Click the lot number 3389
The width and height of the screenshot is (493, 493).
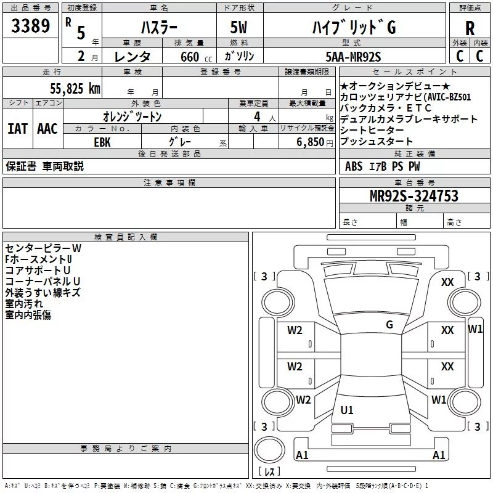coord(30,26)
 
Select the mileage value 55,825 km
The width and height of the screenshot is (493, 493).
coord(75,89)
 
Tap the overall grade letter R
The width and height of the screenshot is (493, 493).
coord(470,28)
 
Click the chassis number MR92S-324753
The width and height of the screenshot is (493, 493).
coord(414,195)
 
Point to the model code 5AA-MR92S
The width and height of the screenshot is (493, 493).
coord(353,57)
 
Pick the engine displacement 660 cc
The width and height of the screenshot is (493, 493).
coord(196,57)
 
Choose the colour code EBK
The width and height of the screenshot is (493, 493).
coord(102,142)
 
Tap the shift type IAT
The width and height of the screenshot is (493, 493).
coord(18,129)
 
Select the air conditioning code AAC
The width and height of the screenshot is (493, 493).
coord(47,129)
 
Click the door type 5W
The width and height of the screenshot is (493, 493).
coord(238,27)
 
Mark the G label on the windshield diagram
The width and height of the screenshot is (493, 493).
coord(389,325)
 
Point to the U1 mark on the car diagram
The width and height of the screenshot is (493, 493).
coord(347,410)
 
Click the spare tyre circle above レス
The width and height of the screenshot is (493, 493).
coord(269,450)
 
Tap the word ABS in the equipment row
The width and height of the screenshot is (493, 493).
coord(354,166)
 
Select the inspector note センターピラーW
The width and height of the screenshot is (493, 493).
coord(43,248)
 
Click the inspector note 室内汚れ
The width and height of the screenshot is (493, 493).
coord(24,304)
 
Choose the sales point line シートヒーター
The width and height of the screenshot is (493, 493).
coord(372,130)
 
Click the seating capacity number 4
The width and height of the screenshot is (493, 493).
coord(257,116)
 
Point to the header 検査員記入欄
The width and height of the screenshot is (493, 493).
coord(126,237)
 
